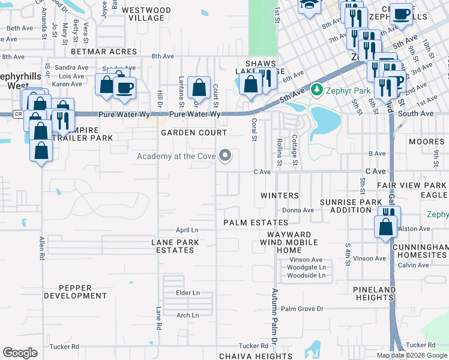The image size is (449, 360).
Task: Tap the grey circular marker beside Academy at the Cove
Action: click(226, 156)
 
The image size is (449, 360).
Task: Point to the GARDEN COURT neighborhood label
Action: click(193, 133)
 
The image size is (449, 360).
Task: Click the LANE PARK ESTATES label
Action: click(175, 246)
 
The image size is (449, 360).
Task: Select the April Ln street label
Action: click(187, 230)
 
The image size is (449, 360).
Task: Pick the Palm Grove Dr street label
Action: click(302, 308)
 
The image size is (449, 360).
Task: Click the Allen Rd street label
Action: click(42, 248)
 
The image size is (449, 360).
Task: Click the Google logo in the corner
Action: click(20, 353)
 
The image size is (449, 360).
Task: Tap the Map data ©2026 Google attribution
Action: click(412, 355)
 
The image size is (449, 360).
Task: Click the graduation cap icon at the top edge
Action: click(309, 6)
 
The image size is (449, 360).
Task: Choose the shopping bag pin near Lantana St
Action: click(198, 88)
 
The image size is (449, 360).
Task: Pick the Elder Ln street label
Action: click(187, 293)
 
